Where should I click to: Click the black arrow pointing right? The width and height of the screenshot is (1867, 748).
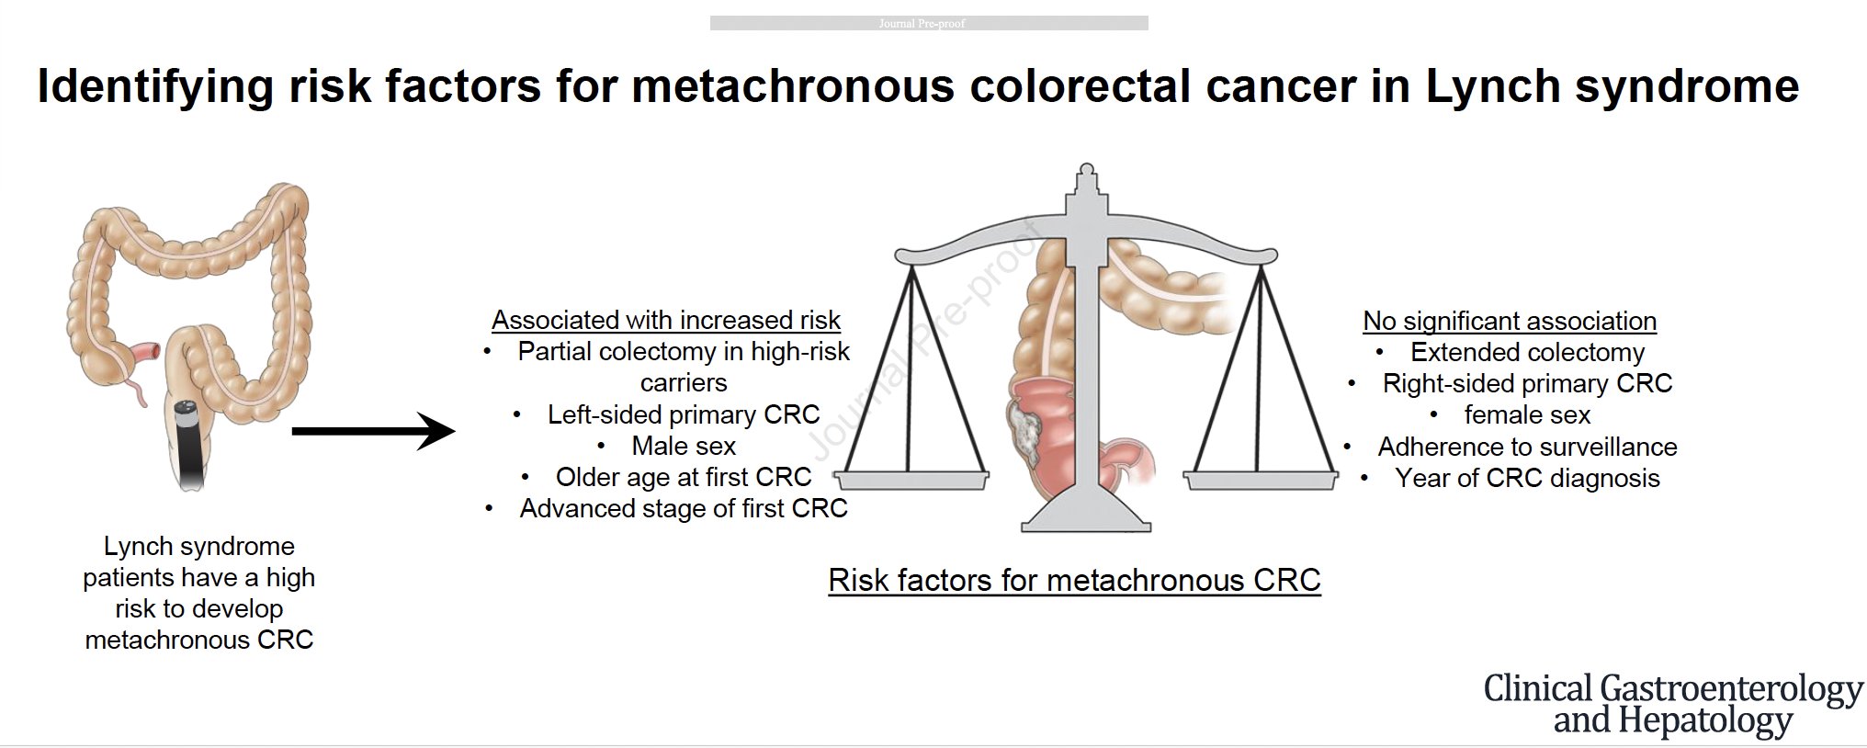(x=373, y=430)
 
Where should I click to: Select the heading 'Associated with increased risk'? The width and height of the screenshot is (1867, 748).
(x=666, y=320)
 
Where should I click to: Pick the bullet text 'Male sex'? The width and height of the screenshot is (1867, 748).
(x=684, y=446)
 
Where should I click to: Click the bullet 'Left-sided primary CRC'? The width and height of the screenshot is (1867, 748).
(x=684, y=414)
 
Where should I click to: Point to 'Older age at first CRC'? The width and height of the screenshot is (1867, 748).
(x=684, y=477)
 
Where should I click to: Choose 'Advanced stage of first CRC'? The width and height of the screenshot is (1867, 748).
(x=684, y=508)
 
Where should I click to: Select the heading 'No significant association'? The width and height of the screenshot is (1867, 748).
(x=1510, y=321)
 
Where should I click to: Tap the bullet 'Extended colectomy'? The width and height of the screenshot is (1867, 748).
(x=1527, y=352)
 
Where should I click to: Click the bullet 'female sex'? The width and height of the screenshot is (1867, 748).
(x=1527, y=414)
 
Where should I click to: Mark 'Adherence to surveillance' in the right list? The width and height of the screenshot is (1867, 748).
(x=1527, y=447)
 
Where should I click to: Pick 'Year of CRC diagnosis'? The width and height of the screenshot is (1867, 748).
(x=1527, y=478)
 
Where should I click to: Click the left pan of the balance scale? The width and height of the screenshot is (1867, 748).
(x=912, y=480)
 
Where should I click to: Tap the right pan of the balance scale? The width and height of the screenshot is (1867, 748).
(x=1261, y=480)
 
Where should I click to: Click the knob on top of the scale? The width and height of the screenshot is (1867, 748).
(x=1086, y=170)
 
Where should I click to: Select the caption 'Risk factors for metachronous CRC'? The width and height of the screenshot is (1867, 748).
(x=1074, y=580)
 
